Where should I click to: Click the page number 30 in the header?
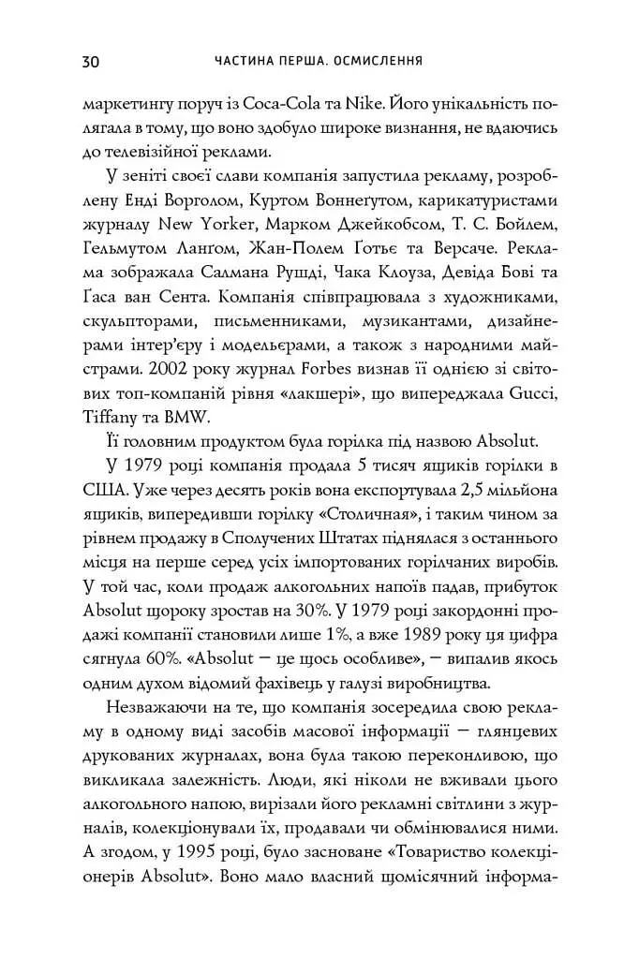pos(90,62)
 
